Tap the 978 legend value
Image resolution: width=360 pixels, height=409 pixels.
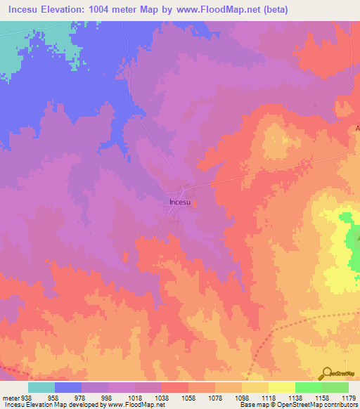[81, 396]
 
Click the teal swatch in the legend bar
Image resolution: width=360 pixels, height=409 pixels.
[41, 387]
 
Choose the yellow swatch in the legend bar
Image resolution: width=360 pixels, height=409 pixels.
[281, 387]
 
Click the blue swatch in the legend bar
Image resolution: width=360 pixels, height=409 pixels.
[68, 387]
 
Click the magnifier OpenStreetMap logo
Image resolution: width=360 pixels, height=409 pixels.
[328, 373]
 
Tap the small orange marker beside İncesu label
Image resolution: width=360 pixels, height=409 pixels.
[195, 204]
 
